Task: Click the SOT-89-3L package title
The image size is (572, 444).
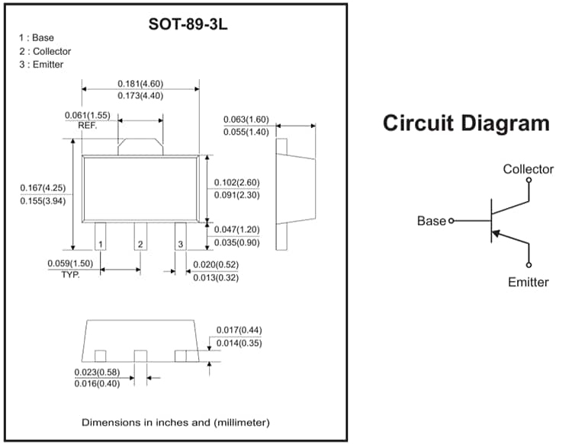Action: pos(188,24)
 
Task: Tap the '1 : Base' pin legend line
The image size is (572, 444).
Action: pos(37,38)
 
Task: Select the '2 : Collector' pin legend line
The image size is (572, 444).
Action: pos(45,51)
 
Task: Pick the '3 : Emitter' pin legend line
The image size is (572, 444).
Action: pos(41,65)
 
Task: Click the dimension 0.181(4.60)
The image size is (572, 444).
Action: pos(140,84)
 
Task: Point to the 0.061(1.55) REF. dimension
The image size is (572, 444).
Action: pos(88,116)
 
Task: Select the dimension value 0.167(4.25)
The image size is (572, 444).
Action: pos(43,188)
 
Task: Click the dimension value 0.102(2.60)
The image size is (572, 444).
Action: pos(237,183)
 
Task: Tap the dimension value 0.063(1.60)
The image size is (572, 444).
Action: pos(246,120)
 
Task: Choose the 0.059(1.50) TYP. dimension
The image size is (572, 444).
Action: pos(70,264)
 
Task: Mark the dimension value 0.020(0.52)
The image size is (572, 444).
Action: pos(214,265)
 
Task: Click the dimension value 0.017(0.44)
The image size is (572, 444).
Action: pos(239,331)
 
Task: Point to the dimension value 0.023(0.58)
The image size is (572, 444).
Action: pos(97,372)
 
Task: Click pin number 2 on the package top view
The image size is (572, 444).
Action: pos(140,244)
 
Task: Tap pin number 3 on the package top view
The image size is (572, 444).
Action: pos(180,244)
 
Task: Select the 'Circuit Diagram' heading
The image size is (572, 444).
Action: pos(465,123)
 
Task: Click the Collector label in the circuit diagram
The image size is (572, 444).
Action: pos(528,169)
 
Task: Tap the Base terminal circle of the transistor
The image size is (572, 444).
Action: pos(451,221)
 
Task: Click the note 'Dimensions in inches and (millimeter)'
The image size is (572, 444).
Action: pos(175,422)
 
